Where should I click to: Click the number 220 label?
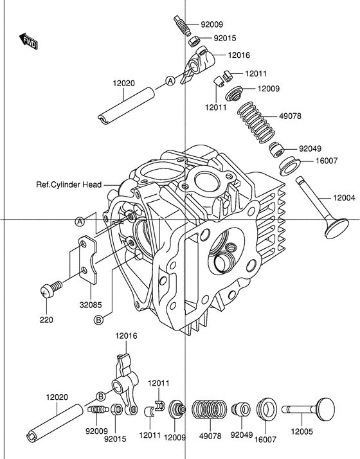click(46, 319)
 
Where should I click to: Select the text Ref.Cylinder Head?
click(68, 184)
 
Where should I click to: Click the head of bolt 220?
click(46, 291)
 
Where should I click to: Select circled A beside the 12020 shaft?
click(170, 80)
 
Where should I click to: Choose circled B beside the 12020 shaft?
click(101, 395)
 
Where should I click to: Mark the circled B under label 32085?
click(99, 319)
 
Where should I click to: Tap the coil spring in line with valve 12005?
click(210, 410)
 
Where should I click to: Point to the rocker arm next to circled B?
click(125, 382)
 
